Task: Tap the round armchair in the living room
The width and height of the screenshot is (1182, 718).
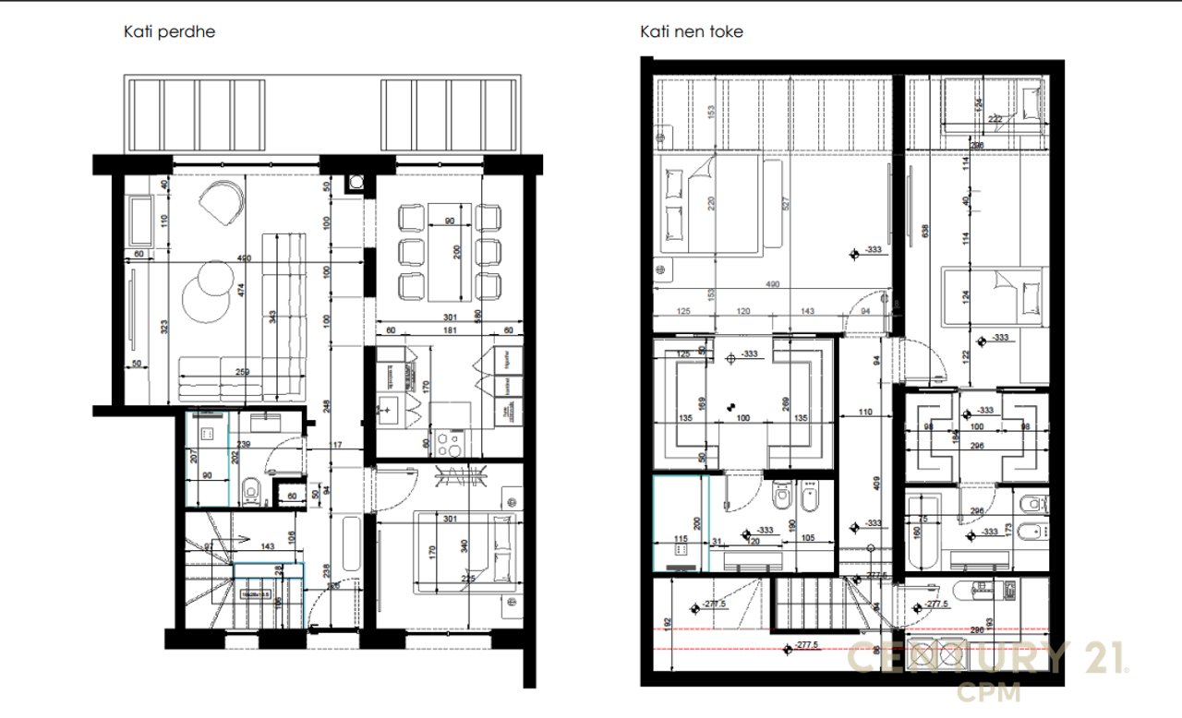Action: [222, 201]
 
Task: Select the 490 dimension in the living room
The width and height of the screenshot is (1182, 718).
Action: [219, 258]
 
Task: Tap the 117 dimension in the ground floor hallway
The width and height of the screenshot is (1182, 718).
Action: [336, 447]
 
